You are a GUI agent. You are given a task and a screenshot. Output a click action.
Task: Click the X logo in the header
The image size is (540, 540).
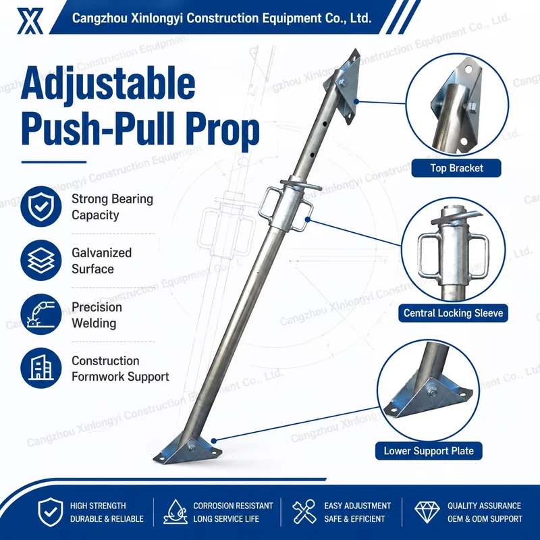(x=30, y=21)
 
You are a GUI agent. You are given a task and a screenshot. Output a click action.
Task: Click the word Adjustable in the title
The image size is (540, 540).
(x=108, y=84)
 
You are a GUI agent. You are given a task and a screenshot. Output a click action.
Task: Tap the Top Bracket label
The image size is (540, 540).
(x=456, y=168)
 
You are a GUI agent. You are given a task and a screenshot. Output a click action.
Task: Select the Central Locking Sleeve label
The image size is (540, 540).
(x=453, y=313)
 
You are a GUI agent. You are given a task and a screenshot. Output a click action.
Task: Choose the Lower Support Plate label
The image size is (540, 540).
(x=429, y=451)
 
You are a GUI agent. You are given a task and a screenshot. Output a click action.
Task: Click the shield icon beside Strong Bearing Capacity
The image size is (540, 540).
(x=41, y=207)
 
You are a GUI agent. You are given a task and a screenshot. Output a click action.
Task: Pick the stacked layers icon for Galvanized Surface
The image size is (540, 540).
(x=41, y=261)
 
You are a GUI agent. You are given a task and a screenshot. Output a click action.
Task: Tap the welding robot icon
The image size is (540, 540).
(x=41, y=314)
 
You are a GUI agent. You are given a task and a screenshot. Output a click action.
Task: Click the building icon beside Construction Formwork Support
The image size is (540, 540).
(x=41, y=368)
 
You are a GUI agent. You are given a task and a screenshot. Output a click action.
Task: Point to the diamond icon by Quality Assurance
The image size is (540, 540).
(x=427, y=512)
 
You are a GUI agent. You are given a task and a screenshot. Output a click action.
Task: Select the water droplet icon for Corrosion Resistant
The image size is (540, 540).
(x=175, y=512)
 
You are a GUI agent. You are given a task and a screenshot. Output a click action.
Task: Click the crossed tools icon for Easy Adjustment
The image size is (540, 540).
(x=304, y=512)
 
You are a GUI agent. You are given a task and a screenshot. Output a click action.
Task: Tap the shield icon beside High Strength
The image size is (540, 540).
(x=50, y=512)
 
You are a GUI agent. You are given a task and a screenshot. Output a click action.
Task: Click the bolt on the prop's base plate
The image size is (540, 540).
(x=192, y=449)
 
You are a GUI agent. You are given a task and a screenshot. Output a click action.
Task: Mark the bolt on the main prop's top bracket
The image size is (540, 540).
(x=343, y=83)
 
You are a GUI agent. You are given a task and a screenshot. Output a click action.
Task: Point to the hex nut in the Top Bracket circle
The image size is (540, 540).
(x=472, y=106)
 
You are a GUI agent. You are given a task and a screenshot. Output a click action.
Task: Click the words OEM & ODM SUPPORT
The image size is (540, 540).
(x=485, y=518)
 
